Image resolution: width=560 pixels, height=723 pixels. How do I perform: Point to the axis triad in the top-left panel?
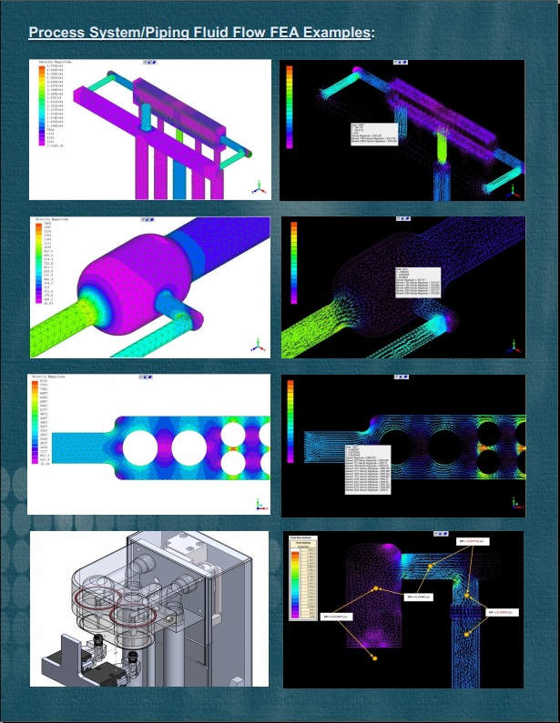tap(259, 186)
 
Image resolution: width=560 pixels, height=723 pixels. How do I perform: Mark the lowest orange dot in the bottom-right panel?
tap(373, 656)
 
